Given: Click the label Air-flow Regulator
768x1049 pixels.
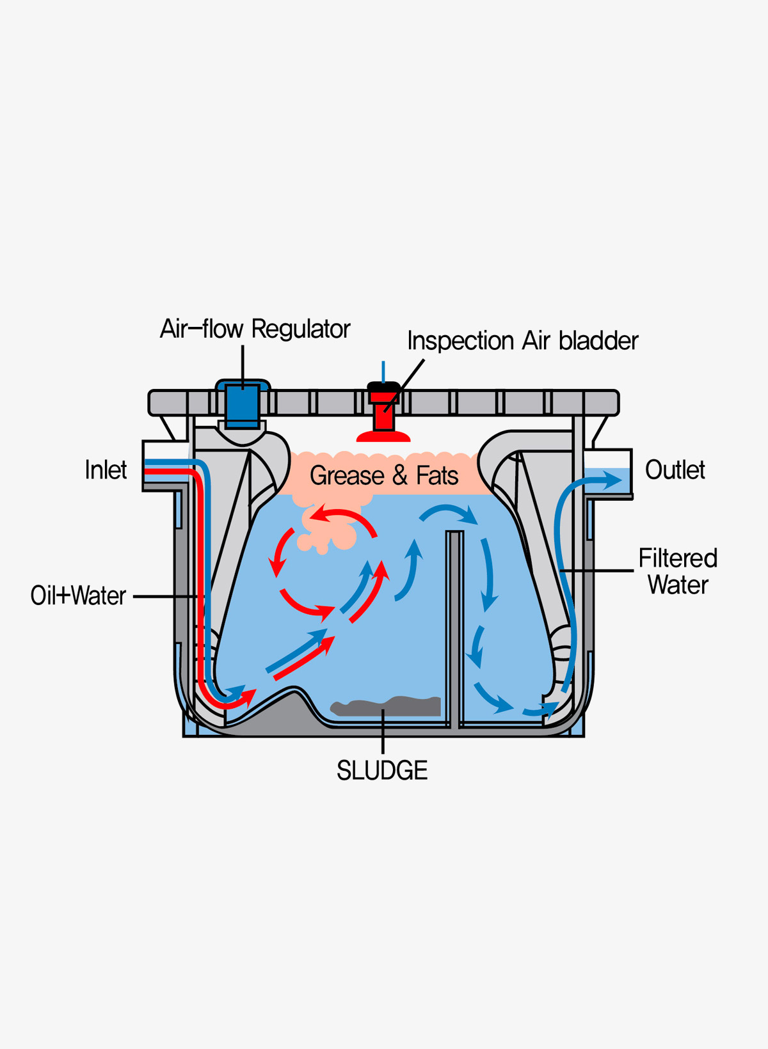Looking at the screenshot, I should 255,329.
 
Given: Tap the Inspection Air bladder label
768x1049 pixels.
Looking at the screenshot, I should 522,341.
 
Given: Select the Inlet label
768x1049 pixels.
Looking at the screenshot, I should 106,470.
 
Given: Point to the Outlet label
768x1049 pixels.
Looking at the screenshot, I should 675,470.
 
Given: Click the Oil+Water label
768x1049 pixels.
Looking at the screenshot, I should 78,595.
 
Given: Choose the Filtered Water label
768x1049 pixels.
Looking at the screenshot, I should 678,571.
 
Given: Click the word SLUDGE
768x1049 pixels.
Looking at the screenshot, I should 382,770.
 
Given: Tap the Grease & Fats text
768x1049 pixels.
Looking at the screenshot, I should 384,476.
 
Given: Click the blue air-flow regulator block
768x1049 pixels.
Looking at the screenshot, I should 243,406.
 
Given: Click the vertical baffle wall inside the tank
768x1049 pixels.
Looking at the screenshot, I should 455,627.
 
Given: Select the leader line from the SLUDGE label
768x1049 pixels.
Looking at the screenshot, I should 383,732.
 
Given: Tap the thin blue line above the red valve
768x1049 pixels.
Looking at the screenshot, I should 383,371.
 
